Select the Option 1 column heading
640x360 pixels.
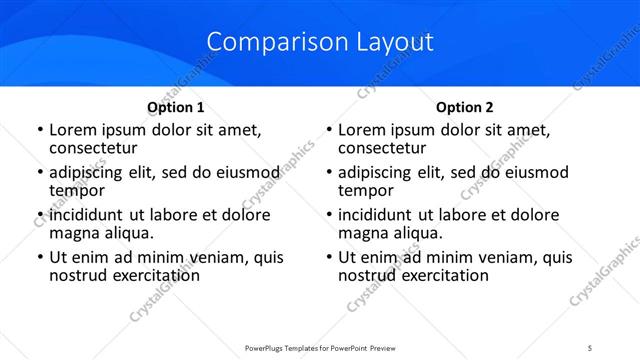[x=175, y=107]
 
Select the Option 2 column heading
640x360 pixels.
[x=464, y=107]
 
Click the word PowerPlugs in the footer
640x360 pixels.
[x=267, y=348]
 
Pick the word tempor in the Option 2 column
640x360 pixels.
[x=366, y=191]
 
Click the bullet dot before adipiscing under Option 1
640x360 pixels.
[x=39, y=173]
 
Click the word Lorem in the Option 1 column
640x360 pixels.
[x=71, y=130]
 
